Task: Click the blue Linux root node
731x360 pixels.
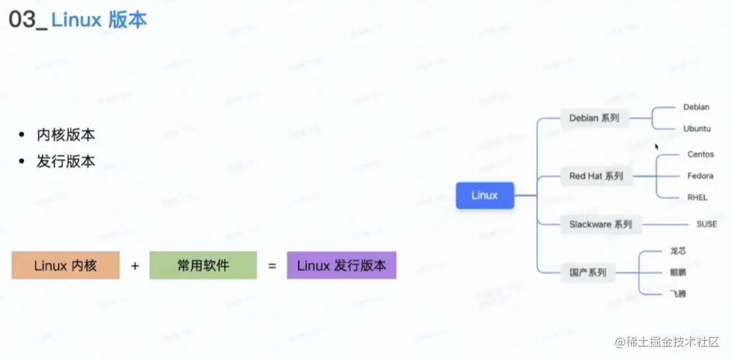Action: pyautogui.click(x=485, y=195)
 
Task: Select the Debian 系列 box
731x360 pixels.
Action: pyautogui.click(x=594, y=118)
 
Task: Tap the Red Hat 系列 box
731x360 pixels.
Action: pyautogui.click(x=596, y=176)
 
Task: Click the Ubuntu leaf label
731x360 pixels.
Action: pyautogui.click(x=696, y=129)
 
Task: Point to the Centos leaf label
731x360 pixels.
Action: pyautogui.click(x=700, y=155)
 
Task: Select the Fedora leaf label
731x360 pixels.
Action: pyautogui.click(x=700, y=176)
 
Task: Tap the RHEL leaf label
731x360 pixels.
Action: pyautogui.click(x=697, y=198)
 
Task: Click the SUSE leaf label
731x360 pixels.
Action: pyautogui.click(x=706, y=224)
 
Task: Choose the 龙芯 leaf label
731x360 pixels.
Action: pyautogui.click(x=678, y=251)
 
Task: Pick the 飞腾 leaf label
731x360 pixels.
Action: pyautogui.click(x=678, y=294)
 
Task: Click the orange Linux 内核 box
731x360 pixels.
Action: pyautogui.click(x=65, y=266)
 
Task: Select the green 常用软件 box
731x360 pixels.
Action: pyautogui.click(x=203, y=266)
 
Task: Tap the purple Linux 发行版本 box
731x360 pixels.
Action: pyautogui.click(x=341, y=266)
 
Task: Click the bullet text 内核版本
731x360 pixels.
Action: pyautogui.click(x=66, y=135)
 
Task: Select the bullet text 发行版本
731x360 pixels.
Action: pyautogui.click(x=66, y=161)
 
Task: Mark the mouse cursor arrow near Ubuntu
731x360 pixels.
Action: pyautogui.click(x=657, y=146)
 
